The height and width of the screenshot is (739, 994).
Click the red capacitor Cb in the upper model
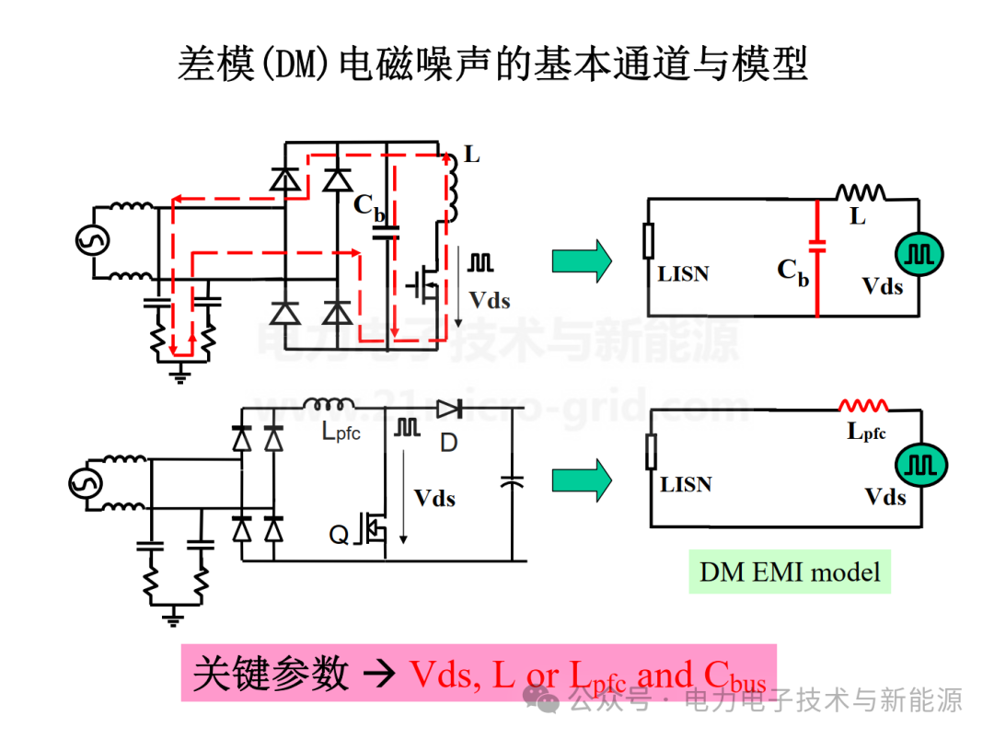click(x=817, y=246)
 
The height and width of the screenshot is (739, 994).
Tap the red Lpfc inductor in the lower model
click(x=863, y=406)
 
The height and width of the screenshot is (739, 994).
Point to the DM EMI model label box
click(x=790, y=572)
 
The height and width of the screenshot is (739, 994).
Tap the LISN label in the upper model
click(x=683, y=273)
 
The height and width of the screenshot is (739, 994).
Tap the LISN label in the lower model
click(x=686, y=485)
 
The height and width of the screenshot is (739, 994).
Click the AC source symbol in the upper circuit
click(x=93, y=241)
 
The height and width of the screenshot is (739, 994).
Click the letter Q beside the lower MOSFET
click(x=339, y=534)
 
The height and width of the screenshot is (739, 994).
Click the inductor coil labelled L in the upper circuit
click(x=452, y=186)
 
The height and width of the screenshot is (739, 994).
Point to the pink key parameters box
click(x=478, y=674)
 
